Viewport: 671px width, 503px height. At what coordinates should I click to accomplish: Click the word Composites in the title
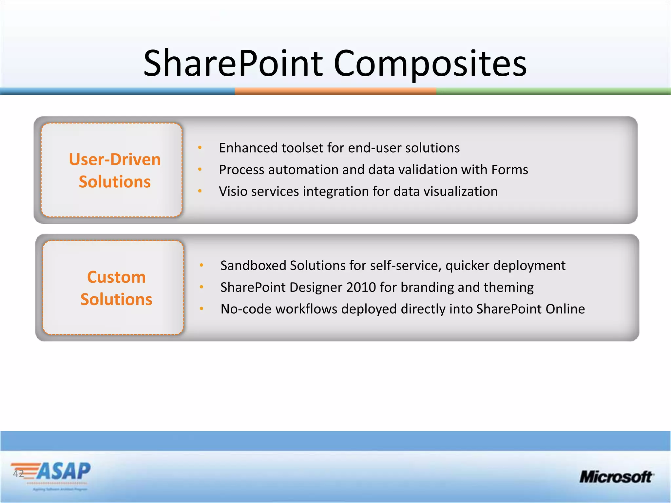click(x=430, y=63)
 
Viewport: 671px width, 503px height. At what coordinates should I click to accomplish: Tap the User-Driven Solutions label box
click(x=112, y=170)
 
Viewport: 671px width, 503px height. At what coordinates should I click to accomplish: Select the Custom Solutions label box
click(x=113, y=288)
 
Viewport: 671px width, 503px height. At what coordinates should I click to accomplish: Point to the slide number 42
click(x=18, y=474)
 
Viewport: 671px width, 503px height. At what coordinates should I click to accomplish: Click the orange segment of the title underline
click(x=335, y=91)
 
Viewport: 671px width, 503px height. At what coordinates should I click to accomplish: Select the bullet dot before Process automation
click(x=200, y=170)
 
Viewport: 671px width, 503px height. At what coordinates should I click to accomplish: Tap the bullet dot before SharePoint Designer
click(x=201, y=288)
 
